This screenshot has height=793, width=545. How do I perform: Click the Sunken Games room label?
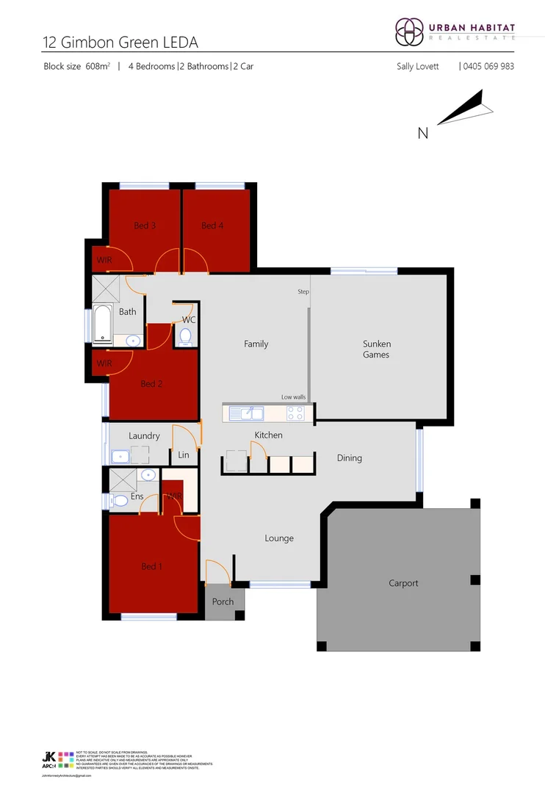click(376, 350)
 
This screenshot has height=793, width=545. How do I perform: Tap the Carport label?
click(403, 583)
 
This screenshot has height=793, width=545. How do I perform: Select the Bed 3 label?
click(145, 225)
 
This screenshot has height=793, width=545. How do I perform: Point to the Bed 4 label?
click(212, 225)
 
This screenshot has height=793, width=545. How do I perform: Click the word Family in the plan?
click(256, 344)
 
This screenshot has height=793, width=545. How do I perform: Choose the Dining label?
click(350, 458)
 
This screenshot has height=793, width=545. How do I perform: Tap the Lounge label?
click(279, 538)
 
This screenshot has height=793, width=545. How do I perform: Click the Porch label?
click(223, 602)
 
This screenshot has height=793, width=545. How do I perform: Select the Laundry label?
click(144, 436)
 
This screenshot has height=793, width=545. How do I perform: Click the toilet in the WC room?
click(185, 337)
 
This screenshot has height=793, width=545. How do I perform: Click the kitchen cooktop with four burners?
click(295, 413)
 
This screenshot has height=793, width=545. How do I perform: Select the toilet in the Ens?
click(118, 500)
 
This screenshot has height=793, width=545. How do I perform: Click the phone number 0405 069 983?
click(488, 66)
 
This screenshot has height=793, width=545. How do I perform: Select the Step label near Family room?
click(303, 292)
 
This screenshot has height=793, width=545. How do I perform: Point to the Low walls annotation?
click(293, 397)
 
